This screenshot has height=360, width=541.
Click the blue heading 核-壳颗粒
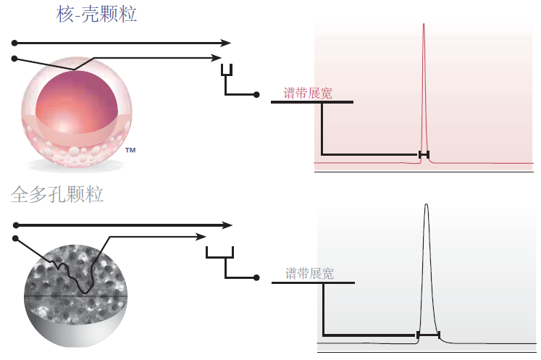pyautogui.click(x=96, y=14)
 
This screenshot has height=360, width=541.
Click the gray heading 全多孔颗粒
pyautogui.click(x=57, y=194)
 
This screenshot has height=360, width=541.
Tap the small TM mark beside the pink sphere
pyautogui.click(x=130, y=150)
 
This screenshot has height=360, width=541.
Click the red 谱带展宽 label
pyautogui.click(x=308, y=93)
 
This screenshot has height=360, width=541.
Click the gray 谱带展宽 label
pyautogui.click(x=309, y=273)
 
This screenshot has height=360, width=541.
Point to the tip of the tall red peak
pyautogui.click(x=424, y=24)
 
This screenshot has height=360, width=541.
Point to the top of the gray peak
pyautogui.click(x=427, y=204)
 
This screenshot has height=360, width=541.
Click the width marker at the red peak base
pyautogui.click(x=424, y=154)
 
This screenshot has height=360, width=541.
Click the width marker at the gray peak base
pyautogui.click(x=428, y=335)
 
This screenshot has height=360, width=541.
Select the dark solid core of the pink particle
pyautogui.click(x=77, y=102)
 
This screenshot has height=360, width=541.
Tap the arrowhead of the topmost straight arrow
pyautogui.click(x=226, y=43)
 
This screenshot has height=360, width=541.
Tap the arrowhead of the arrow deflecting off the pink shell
pyautogui.click(x=217, y=58)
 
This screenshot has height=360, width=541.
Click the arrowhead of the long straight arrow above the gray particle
pyautogui.click(x=227, y=225)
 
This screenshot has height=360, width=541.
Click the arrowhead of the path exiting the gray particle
pyautogui.click(x=201, y=237)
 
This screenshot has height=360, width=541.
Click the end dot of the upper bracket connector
pyautogui.click(x=256, y=95)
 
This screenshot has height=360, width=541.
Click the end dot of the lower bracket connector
pyautogui.click(x=256, y=277)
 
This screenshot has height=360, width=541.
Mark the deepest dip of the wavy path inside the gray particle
pyautogui.click(x=85, y=293)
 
